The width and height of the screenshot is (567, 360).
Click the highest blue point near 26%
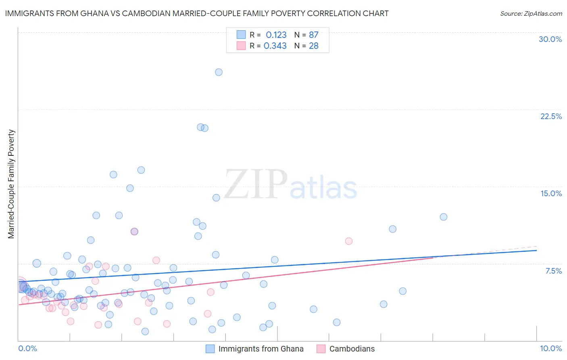point(219,72)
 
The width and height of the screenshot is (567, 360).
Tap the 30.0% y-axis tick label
point(550,39)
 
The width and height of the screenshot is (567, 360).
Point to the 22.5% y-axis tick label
point(551,116)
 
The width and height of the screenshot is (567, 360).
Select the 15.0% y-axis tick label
point(551,193)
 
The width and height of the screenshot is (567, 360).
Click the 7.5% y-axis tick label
point(553,271)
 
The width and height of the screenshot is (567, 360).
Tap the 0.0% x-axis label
point(27,348)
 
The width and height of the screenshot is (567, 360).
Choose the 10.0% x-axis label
point(550,348)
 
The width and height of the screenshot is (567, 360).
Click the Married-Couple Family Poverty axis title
point(11,184)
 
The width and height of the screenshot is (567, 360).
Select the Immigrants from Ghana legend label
point(261,349)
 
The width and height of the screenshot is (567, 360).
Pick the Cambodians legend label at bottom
point(352,349)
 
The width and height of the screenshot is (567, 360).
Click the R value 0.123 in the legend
point(276,35)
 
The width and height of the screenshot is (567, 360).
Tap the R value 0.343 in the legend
point(275,46)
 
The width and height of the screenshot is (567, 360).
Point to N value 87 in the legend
point(314,35)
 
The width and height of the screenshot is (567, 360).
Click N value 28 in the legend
point(314,46)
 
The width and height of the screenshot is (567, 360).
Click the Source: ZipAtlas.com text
point(531,14)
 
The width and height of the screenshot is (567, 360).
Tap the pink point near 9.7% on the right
point(349,241)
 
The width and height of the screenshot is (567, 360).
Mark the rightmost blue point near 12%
point(444,217)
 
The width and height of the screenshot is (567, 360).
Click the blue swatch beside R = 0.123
point(241,35)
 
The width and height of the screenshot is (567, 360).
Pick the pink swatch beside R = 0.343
point(241,46)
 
